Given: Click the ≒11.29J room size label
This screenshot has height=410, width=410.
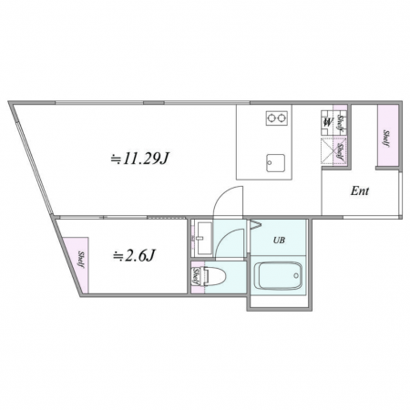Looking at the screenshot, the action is tap(139, 159).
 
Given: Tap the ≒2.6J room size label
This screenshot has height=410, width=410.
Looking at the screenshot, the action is tap(134, 255).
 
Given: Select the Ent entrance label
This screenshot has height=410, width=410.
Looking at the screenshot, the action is tap(360, 191).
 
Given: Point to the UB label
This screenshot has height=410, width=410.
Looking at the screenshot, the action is tap(279, 241).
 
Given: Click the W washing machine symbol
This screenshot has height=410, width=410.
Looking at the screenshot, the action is tap(327, 122).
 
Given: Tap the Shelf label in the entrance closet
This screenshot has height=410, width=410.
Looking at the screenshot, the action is tap(386, 138).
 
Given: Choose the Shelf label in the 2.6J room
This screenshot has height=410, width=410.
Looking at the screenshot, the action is tap(81, 260).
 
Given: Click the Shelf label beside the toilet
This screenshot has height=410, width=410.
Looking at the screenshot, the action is tap(196, 276).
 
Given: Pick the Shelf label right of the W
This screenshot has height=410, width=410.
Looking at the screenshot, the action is tap(340, 124).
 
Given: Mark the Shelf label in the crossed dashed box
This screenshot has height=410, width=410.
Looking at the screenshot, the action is tap(340, 152).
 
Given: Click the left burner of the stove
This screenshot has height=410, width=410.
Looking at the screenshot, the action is tap(271, 117).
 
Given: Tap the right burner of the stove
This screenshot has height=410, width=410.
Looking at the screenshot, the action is tap(282, 117).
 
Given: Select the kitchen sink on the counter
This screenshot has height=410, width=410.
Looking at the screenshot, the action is tap(276, 163).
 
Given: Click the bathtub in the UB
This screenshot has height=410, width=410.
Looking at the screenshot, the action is tap(278, 276).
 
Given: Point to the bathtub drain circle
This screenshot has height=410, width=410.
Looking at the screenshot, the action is tap(296, 276).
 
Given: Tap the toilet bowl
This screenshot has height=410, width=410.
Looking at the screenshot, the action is tap(215, 276).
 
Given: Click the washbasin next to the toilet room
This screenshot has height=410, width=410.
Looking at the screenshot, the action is tap(204, 239).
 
